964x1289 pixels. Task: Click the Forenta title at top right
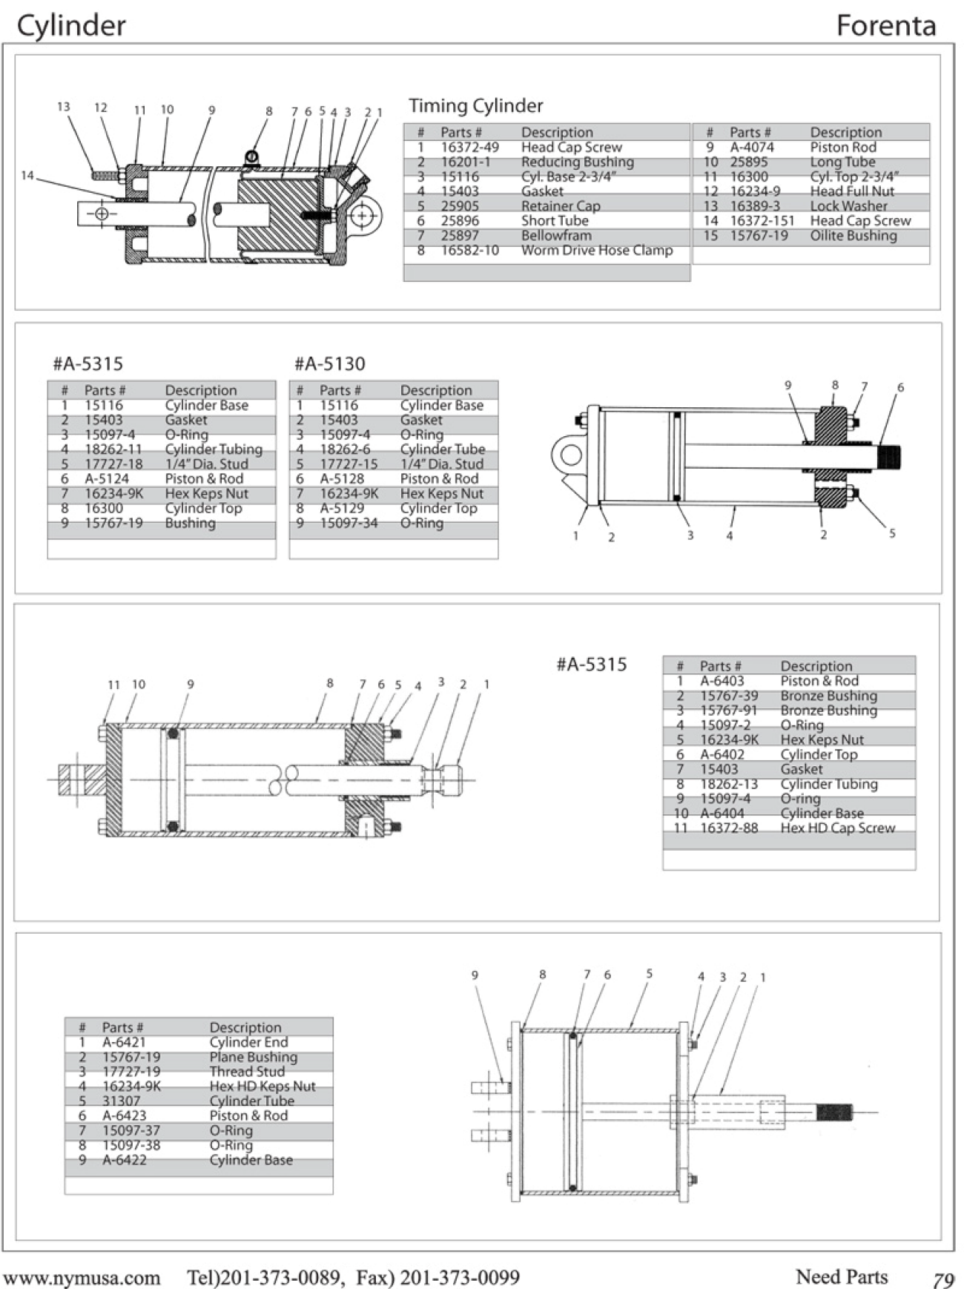click(885, 26)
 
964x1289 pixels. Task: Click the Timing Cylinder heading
click(475, 106)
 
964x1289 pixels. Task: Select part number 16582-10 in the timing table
click(470, 251)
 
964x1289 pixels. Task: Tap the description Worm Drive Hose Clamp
click(597, 251)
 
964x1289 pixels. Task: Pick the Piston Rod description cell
click(843, 148)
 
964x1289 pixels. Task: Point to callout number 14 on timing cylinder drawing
click(27, 176)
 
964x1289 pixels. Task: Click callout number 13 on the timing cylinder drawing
click(64, 107)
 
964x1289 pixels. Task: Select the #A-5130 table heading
click(329, 364)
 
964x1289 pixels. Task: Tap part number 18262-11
click(113, 449)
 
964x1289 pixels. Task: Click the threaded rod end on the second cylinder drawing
click(889, 457)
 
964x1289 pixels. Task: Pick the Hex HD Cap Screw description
click(837, 828)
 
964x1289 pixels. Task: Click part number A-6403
click(722, 681)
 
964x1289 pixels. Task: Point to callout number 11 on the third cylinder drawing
click(113, 685)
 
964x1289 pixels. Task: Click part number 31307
click(121, 1101)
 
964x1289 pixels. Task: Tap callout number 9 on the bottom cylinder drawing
click(475, 975)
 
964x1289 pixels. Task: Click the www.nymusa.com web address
click(82, 1277)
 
